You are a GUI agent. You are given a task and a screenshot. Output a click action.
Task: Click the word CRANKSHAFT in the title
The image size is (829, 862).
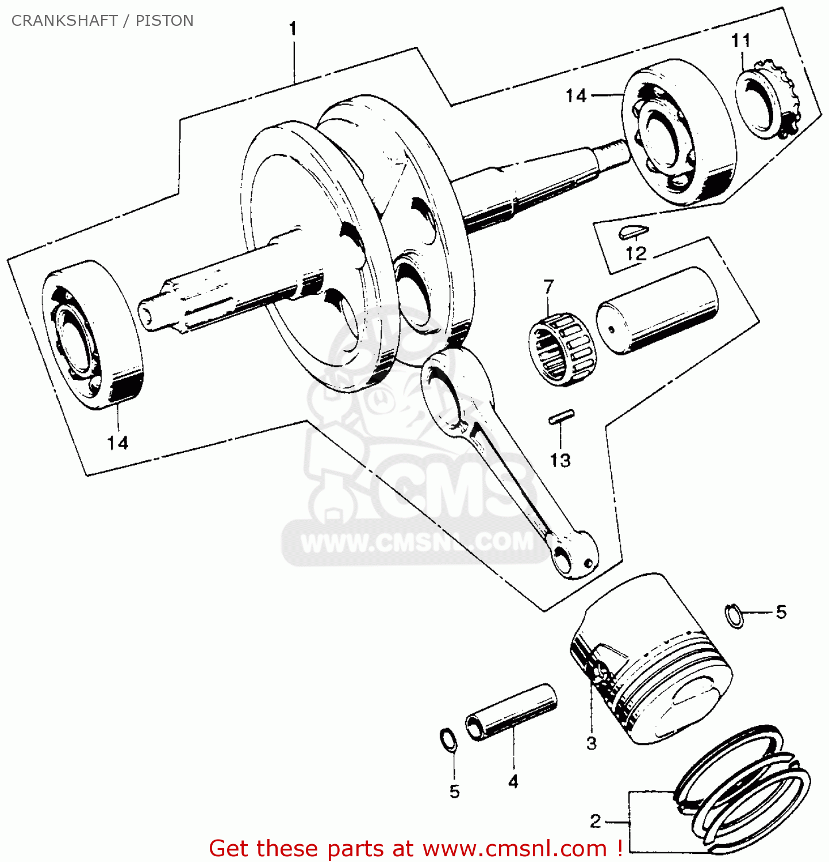click(x=64, y=21)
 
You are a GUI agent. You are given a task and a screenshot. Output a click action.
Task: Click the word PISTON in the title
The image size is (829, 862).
click(x=164, y=21)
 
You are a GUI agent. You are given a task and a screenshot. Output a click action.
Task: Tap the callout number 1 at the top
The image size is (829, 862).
click(x=293, y=29)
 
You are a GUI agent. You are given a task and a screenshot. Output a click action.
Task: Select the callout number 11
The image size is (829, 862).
click(x=741, y=41)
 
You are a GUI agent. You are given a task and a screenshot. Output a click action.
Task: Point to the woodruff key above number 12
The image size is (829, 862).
click(x=634, y=232)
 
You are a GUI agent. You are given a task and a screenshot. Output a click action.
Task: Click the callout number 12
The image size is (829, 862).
click(x=636, y=253)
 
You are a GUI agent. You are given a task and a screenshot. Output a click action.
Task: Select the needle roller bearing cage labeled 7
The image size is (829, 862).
click(x=562, y=349)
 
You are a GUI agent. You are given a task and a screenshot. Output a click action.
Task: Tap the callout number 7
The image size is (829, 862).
click(x=549, y=286)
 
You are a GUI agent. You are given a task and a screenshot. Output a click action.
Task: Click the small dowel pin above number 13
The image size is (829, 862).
click(x=561, y=417)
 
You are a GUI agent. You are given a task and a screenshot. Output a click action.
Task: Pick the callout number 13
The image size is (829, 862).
click(x=560, y=460)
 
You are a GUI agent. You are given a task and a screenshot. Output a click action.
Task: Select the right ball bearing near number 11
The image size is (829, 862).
click(x=678, y=132)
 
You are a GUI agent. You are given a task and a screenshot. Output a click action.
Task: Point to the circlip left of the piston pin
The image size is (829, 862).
click(x=448, y=740)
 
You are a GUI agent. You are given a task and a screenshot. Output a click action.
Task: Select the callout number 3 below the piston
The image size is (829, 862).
click(x=592, y=743)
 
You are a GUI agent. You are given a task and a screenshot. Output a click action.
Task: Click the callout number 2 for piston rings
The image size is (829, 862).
click(x=596, y=821)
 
